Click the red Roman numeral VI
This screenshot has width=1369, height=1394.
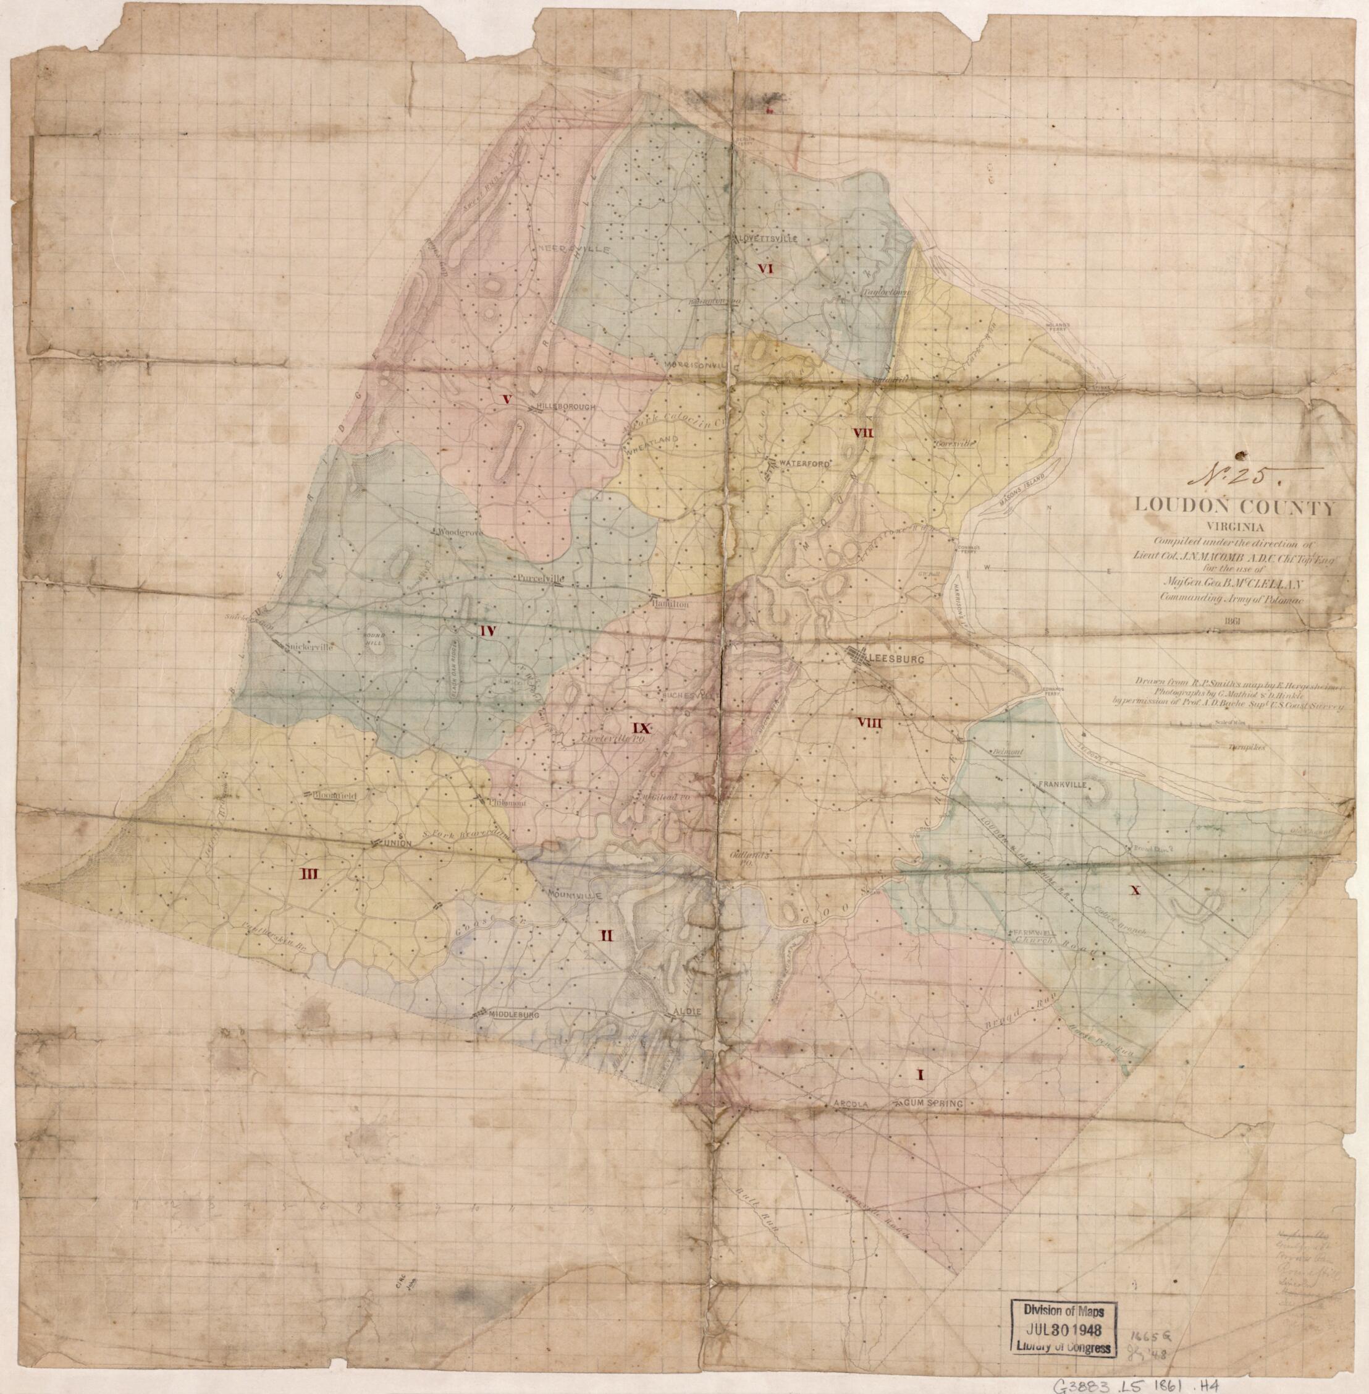763,269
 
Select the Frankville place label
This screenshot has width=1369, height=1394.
1058,784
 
